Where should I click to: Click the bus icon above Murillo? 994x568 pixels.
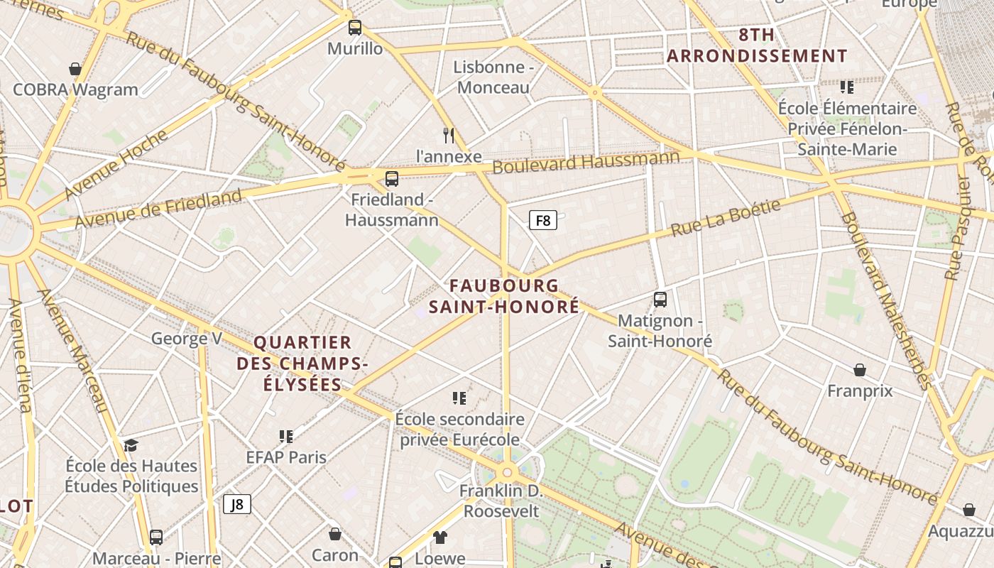355,28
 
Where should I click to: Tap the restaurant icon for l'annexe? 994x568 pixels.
449,134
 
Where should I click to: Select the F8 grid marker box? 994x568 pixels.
543,220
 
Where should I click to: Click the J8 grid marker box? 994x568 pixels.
237,504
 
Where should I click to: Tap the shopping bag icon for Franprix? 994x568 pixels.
860,370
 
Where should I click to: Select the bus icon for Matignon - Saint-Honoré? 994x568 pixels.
660,300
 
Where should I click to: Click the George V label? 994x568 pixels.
187,339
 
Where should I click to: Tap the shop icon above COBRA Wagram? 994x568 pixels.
75,69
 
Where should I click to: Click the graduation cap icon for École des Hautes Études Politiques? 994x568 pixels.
131,445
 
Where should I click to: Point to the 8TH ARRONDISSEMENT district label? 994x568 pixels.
757,45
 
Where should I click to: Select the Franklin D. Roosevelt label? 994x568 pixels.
501,501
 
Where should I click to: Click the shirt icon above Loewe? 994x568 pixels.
440,537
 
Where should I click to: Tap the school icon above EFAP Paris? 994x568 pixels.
286,436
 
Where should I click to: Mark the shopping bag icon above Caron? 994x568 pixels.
335,533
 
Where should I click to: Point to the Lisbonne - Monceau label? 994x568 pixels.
493,77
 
